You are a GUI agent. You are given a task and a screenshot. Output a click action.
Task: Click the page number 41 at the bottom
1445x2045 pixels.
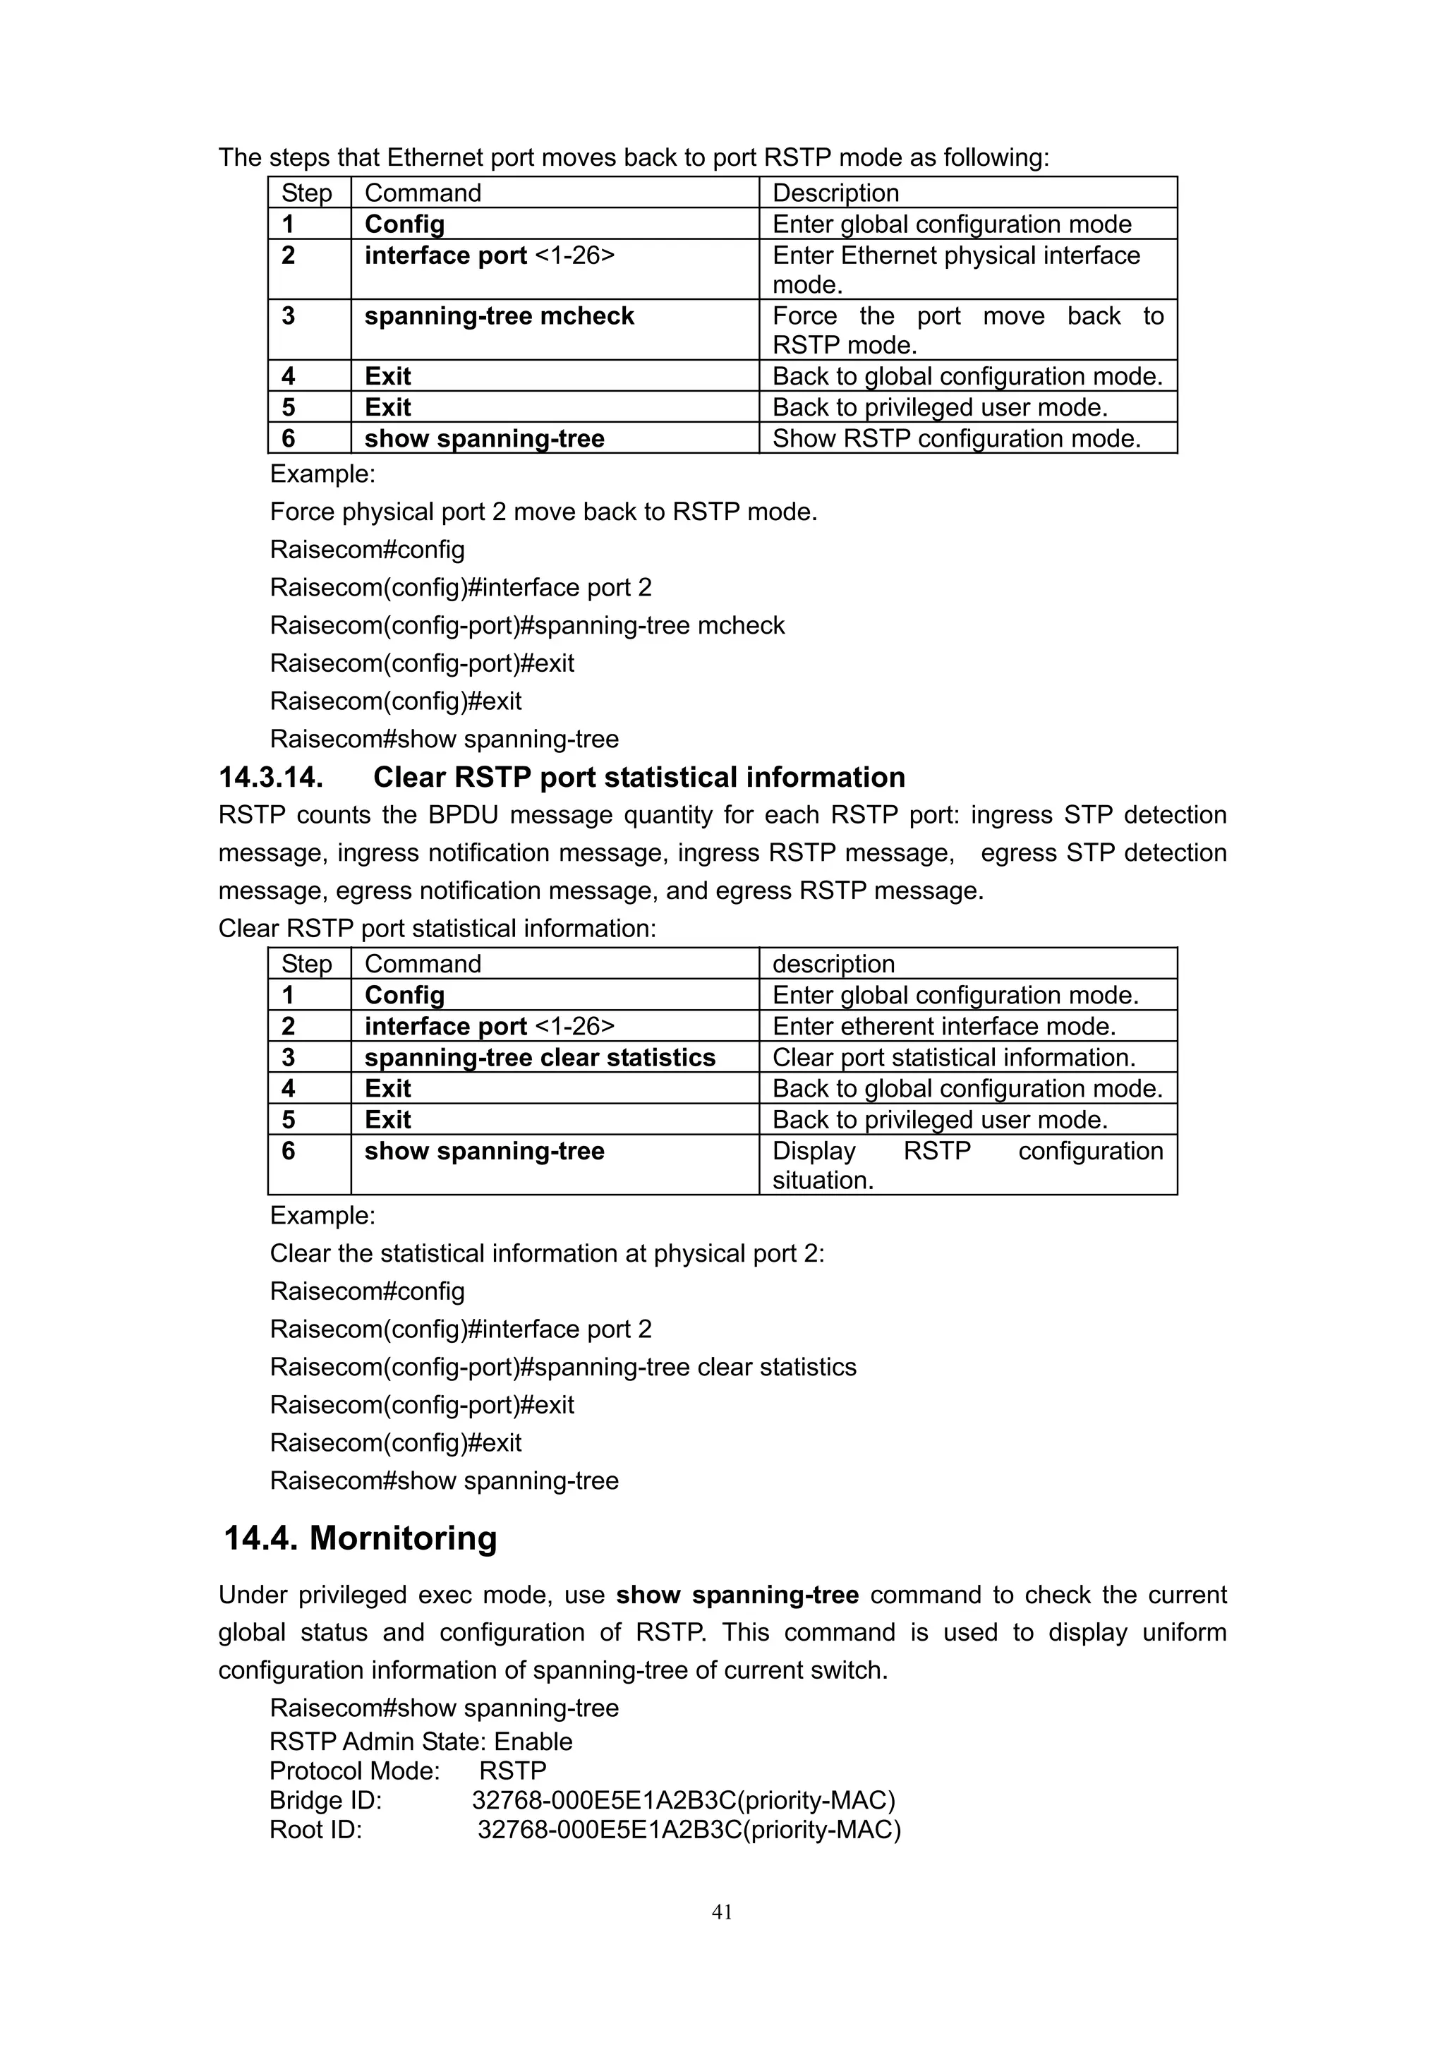point(722,1912)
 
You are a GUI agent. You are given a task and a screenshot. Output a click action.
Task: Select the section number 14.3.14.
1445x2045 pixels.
point(271,778)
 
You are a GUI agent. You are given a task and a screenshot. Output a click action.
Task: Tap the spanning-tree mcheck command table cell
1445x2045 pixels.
point(499,316)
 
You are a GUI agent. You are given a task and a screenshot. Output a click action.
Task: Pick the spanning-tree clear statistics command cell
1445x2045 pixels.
point(540,1057)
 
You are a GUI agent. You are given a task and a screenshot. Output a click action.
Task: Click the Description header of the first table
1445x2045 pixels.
point(835,193)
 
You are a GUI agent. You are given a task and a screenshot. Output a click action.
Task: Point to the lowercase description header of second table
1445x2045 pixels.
point(833,964)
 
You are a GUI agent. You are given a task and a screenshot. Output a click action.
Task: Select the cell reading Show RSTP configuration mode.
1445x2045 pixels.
point(956,438)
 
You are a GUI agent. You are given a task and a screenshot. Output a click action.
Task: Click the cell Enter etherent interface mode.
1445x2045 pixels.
point(944,1026)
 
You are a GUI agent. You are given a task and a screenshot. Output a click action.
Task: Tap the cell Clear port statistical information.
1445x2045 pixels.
point(953,1057)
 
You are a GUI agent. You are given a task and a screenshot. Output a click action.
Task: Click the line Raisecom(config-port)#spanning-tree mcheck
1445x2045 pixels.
point(527,625)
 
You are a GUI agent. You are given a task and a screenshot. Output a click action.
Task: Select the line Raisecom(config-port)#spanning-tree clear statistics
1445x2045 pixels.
point(562,1367)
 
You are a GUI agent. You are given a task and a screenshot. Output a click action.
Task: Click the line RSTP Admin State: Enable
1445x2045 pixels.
point(421,1742)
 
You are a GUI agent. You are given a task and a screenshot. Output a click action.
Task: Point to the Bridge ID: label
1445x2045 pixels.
point(326,1801)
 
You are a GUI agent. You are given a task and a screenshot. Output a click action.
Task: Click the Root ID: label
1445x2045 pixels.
point(316,1830)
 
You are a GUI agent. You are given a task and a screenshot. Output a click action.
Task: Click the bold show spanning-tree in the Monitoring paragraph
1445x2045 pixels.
point(737,1595)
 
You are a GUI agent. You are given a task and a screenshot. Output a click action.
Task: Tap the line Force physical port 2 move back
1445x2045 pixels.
point(543,512)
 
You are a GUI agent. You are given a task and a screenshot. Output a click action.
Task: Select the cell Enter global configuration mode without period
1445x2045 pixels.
point(952,224)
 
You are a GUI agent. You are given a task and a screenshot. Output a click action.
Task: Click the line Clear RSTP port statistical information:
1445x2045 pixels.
point(437,929)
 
